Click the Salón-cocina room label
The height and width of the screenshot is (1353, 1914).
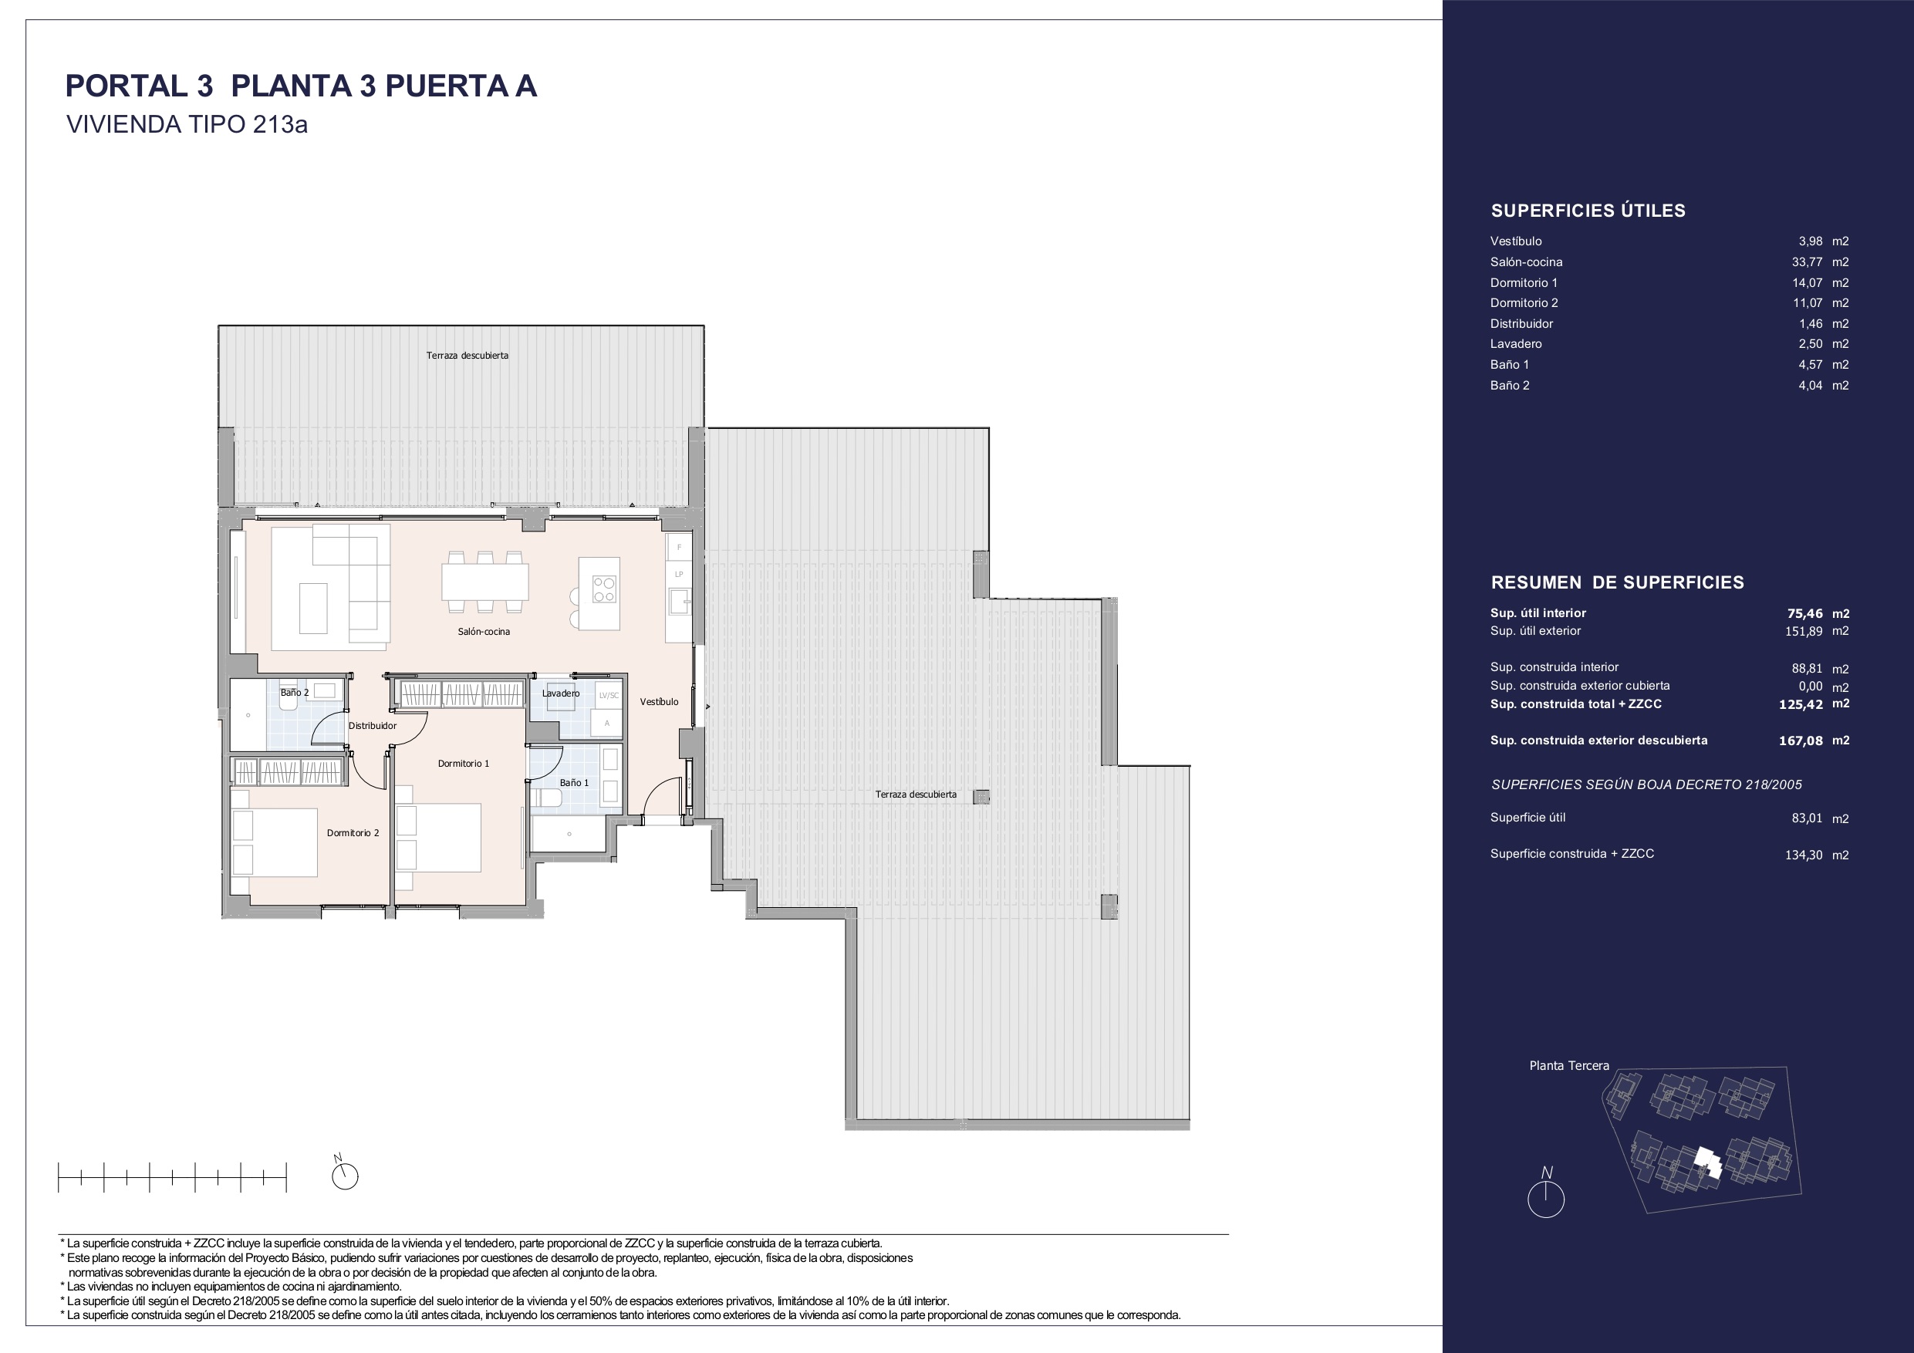[484, 631]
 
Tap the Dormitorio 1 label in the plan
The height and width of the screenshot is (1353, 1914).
[464, 764]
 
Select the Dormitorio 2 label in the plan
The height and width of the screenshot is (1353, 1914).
[353, 833]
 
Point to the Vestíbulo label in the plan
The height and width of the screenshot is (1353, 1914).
[659, 702]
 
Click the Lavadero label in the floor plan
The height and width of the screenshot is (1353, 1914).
[560, 693]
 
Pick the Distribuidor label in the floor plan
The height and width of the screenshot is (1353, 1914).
[373, 726]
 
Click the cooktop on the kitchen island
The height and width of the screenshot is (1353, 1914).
[603, 589]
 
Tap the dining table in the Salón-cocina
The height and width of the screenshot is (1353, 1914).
[485, 582]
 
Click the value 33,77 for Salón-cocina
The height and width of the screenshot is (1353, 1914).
[1808, 261]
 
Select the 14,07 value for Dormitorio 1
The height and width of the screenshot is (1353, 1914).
[1808, 282]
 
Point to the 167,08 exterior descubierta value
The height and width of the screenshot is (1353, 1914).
[1801, 741]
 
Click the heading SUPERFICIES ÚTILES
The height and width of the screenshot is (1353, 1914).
[1588, 211]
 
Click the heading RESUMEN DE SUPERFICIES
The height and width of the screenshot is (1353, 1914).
[1617, 582]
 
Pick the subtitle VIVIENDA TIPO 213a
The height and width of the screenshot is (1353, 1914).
[187, 125]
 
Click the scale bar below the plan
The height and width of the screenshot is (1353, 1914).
[172, 1177]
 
